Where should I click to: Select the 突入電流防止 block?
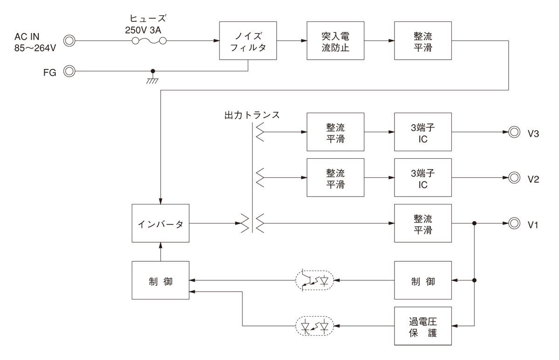(x=334, y=40)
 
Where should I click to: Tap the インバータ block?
(x=160, y=223)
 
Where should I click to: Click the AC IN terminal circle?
(x=69, y=41)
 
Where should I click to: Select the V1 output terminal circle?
(x=514, y=223)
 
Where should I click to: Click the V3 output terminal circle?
(x=514, y=132)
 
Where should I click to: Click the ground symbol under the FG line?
(x=152, y=78)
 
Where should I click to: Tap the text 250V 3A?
(x=145, y=29)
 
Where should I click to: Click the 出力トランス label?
(x=252, y=115)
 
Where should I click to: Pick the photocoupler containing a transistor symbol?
(x=314, y=280)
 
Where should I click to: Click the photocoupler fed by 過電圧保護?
(x=314, y=326)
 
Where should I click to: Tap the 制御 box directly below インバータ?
(x=160, y=280)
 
